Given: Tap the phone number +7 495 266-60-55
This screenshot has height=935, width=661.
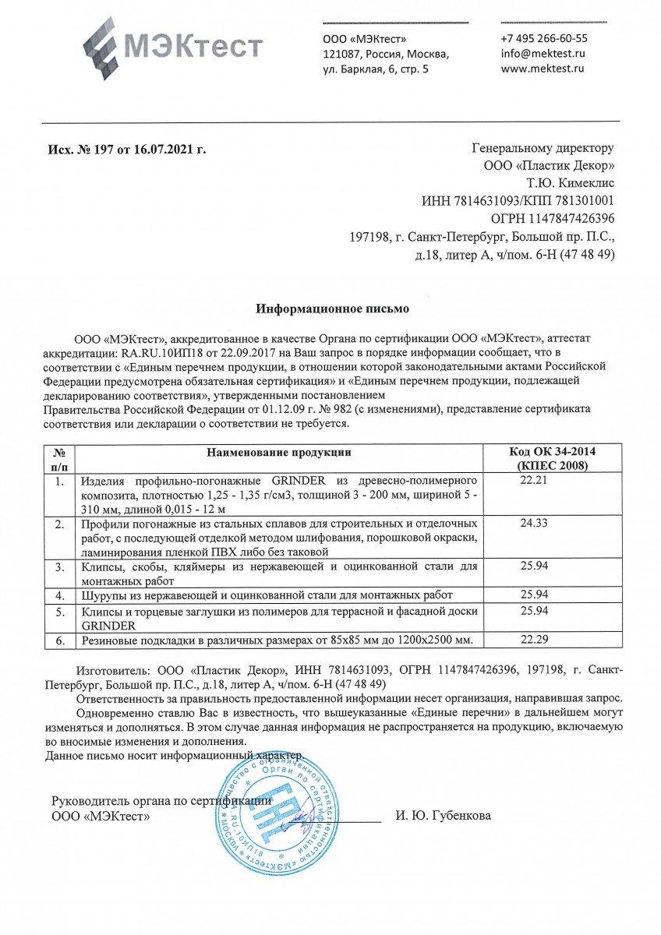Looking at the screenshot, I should click(x=544, y=38).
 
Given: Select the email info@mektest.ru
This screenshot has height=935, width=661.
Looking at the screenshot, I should click(x=543, y=54).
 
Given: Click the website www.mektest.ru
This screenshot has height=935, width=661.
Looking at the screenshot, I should click(x=543, y=69).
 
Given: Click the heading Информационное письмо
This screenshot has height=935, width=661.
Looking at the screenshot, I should click(x=333, y=309).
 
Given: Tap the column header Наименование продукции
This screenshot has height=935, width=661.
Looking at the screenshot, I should click(x=279, y=452).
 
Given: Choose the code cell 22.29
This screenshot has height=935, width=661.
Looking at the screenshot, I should click(x=535, y=640).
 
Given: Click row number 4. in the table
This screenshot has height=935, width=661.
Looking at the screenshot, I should click(x=58, y=595).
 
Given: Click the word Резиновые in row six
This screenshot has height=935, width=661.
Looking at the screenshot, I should click(x=111, y=640).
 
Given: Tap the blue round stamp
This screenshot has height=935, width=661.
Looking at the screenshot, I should click(x=277, y=813).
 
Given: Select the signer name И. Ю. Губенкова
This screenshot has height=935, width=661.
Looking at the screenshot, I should click(x=444, y=816).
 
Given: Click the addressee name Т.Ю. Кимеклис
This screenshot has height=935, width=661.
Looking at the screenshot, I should click(x=571, y=183).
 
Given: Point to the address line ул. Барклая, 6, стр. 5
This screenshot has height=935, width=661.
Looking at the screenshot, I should click(x=376, y=69).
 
